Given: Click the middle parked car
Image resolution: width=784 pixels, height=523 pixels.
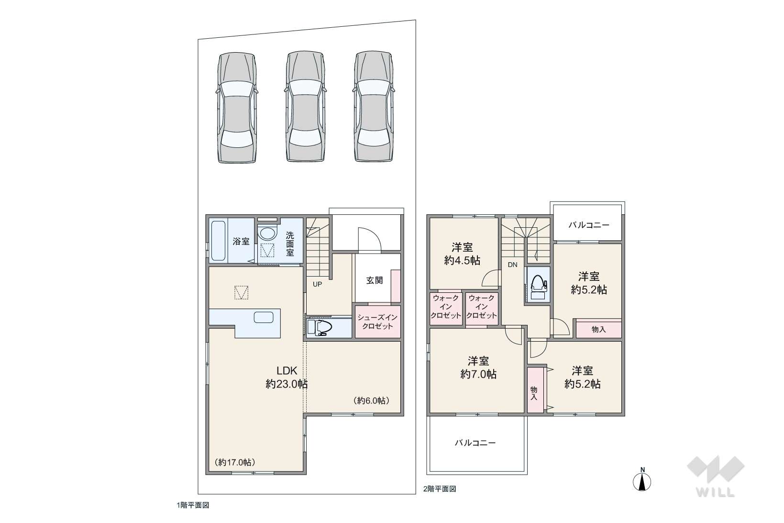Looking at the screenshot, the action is pos(305,106).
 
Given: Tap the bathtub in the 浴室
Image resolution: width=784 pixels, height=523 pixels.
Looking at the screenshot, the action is pos(219,241).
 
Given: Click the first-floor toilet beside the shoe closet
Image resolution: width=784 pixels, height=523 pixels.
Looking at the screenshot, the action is pos(320,327).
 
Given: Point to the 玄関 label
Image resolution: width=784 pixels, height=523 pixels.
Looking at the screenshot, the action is pos(375,280).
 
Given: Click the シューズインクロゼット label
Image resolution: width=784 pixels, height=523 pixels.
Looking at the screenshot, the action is pos(377,322).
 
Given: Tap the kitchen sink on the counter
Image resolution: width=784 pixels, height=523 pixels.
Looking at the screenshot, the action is pos(264,317).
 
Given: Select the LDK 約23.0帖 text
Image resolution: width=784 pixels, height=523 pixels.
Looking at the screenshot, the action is pos(287,378).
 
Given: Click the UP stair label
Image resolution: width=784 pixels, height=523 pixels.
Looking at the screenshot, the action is pos(318,284).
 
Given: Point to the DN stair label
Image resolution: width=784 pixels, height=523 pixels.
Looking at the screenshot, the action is pos(512,265).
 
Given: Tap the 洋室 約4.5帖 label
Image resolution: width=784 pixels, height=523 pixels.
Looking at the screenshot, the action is pos(462,254).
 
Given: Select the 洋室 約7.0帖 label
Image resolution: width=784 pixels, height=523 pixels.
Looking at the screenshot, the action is pos(478,367).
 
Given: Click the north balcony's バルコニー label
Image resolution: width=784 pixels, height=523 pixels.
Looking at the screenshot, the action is pos(589,225).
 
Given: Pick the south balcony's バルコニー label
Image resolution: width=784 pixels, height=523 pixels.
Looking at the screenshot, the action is pos(475,443).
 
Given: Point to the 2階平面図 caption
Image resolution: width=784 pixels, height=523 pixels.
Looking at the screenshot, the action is pos(440,489).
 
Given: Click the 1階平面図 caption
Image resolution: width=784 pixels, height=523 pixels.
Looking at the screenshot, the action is pos(193,505).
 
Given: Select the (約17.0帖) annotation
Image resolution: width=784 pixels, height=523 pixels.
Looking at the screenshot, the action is pos(234,462).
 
